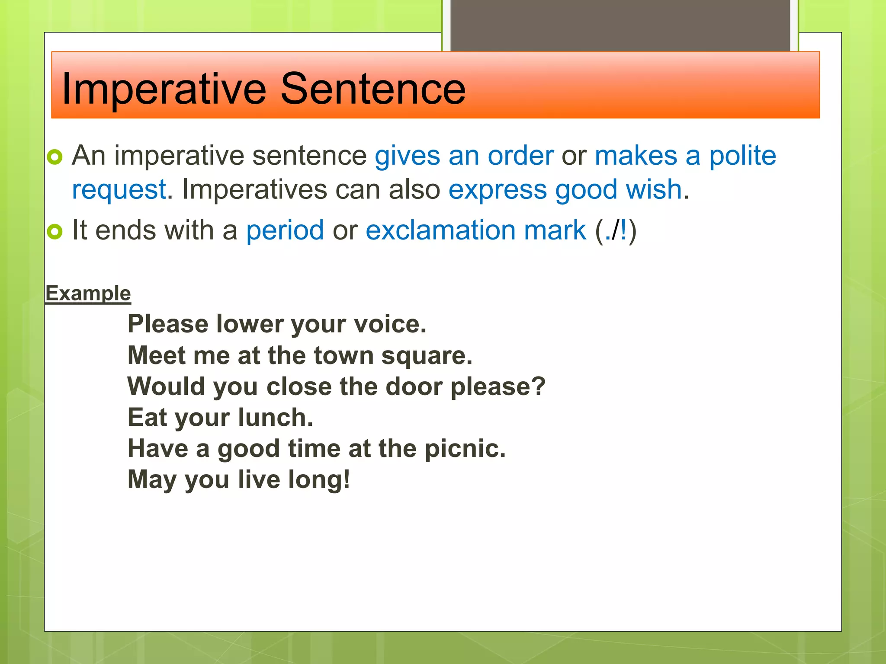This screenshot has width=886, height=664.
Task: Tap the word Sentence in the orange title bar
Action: point(373,89)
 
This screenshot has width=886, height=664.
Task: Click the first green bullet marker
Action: point(55,156)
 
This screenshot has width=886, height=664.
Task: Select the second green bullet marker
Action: point(55,231)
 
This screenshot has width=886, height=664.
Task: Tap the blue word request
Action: point(119,190)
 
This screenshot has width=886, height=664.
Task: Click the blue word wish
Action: point(654,190)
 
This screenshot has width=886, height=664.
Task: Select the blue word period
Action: point(285,230)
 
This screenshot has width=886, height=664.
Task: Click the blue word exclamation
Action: point(440,230)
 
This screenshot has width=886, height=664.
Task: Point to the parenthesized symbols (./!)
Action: point(616,230)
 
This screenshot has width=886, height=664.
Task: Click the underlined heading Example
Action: point(88,294)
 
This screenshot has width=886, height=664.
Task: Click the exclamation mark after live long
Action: point(347,479)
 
